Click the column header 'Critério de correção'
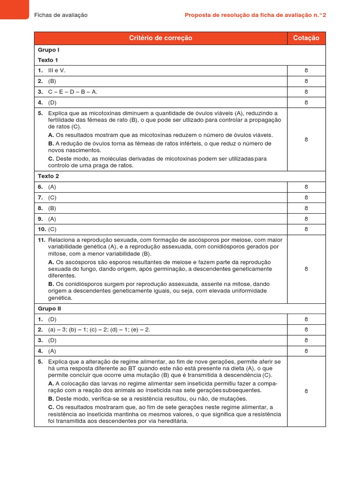click(160, 38)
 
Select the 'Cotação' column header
click(306, 38)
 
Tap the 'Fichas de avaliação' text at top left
click(61, 15)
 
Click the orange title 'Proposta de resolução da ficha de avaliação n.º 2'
click(255, 15)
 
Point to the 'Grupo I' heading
click(49, 50)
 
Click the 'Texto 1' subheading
click(48, 60)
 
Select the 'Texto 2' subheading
click(48, 176)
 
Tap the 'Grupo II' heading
click(50, 309)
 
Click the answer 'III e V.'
click(57, 70)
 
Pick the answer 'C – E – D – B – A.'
click(73, 92)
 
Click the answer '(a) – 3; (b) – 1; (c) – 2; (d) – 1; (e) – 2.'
click(99, 330)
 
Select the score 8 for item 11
click(306, 269)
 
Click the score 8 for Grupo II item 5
click(306, 391)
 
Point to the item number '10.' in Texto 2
click(41, 229)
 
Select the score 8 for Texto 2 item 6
click(306, 187)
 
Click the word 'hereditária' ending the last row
click(171, 421)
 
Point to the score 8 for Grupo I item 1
click(306, 70)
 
